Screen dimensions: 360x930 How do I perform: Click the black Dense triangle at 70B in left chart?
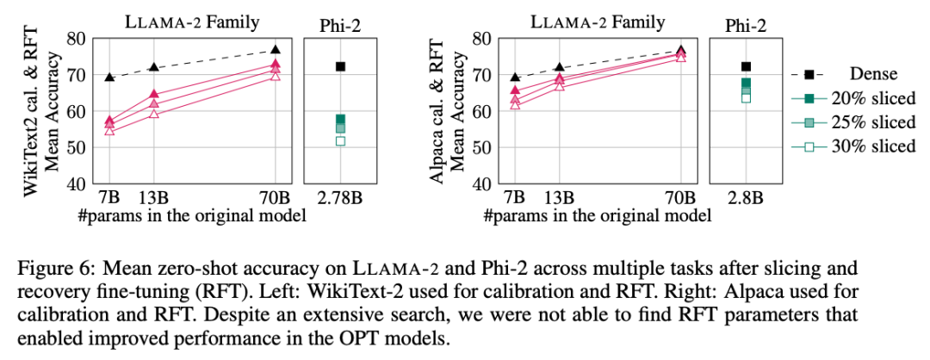(x=276, y=50)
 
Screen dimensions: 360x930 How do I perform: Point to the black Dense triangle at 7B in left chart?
(x=109, y=78)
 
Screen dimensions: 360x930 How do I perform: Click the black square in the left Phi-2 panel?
(x=340, y=66)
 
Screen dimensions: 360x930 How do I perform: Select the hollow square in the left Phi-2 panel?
(x=340, y=140)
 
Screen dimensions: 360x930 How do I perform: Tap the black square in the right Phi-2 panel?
(x=746, y=66)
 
